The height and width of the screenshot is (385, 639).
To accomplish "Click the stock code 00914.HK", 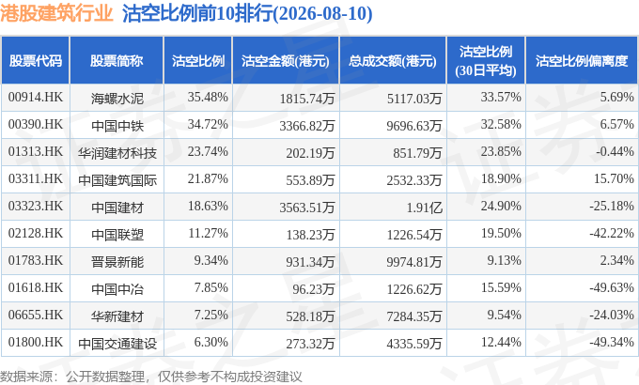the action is pyautogui.click(x=36, y=98).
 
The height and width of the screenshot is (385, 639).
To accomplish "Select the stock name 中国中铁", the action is pyautogui.click(x=117, y=126).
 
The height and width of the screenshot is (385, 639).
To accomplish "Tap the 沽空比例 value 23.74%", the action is pyautogui.click(x=208, y=152).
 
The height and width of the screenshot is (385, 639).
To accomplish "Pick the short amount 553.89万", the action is pyautogui.click(x=310, y=180).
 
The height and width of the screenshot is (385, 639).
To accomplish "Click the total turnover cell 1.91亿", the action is pyautogui.click(x=424, y=208).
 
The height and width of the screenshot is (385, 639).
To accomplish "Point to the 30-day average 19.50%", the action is pyautogui.click(x=501, y=234).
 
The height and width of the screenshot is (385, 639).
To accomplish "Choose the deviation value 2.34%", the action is pyautogui.click(x=616, y=261).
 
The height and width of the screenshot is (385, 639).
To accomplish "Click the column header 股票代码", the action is pyautogui.click(x=36, y=61).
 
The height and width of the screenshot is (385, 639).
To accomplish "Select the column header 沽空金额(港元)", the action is pyautogui.click(x=285, y=61).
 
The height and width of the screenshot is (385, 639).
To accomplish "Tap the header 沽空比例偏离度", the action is pyautogui.click(x=581, y=61).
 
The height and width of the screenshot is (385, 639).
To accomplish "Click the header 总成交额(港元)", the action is pyautogui.click(x=393, y=61).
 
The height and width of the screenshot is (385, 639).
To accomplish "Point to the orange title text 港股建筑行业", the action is pyautogui.click(x=56, y=13).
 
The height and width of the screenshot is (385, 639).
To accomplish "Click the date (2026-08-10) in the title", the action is pyautogui.click(x=322, y=14).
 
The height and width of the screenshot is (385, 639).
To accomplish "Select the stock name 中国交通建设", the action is pyautogui.click(x=117, y=344).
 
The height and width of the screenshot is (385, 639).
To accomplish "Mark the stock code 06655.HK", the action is pyautogui.click(x=36, y=316).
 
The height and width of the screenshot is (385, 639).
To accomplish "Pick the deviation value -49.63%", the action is pyautogui.click(x=612, y=288).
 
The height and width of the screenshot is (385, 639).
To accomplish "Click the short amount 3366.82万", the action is pyautogui.click(x=307, y=126).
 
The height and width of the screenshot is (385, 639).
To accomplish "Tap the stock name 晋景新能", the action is pyautogui.click(x=117, y=262).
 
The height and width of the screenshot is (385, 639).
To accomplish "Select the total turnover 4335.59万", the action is pyautogui.click(x=414, y=344).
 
